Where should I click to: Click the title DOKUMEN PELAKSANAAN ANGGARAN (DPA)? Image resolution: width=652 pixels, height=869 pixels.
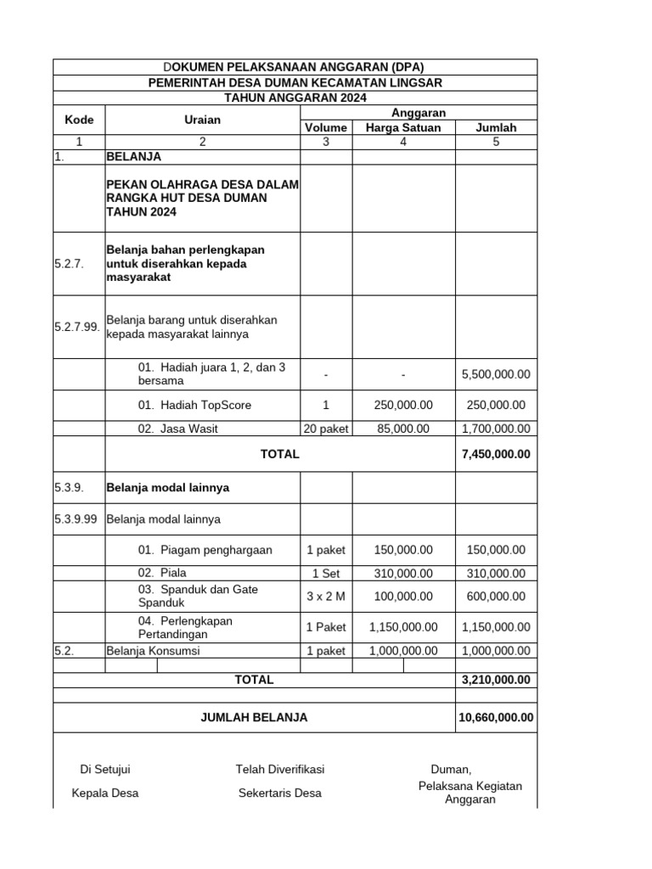point(293,67)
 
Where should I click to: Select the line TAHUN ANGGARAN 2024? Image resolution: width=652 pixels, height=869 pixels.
point(295,98)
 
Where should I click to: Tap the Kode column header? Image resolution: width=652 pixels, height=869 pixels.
point(79,120)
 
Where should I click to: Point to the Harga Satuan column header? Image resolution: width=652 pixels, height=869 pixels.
point(402,128)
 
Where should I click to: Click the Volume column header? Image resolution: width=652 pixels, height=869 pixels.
point(326,128)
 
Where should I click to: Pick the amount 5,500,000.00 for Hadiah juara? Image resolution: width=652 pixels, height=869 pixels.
point(496,374)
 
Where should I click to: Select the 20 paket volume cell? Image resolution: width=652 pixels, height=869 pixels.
point(326,429)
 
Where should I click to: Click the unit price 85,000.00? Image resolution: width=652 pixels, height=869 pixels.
point(402,429)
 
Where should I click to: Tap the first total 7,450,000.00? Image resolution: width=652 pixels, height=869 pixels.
point(496,454)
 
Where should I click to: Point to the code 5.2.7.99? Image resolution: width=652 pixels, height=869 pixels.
point(78,327)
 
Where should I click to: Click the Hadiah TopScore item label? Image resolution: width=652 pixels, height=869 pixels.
point(194,406)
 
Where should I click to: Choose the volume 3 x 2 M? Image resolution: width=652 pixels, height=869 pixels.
point(326,597)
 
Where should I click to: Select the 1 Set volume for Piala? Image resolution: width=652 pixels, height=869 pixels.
point(326,574)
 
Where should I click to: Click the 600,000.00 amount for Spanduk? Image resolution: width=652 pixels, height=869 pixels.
point(496,597)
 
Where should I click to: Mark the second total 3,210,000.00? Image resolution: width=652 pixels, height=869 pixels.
point(496,680)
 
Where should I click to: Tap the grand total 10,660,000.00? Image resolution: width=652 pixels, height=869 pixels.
point(496,717)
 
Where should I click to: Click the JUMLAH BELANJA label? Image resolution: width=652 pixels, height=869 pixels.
point(254,717)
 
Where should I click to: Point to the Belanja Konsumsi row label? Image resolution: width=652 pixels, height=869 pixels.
point(153,651)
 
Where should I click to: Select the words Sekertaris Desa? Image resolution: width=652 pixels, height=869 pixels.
point(280,793)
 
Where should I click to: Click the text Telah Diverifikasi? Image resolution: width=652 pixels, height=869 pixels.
point(280,770)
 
